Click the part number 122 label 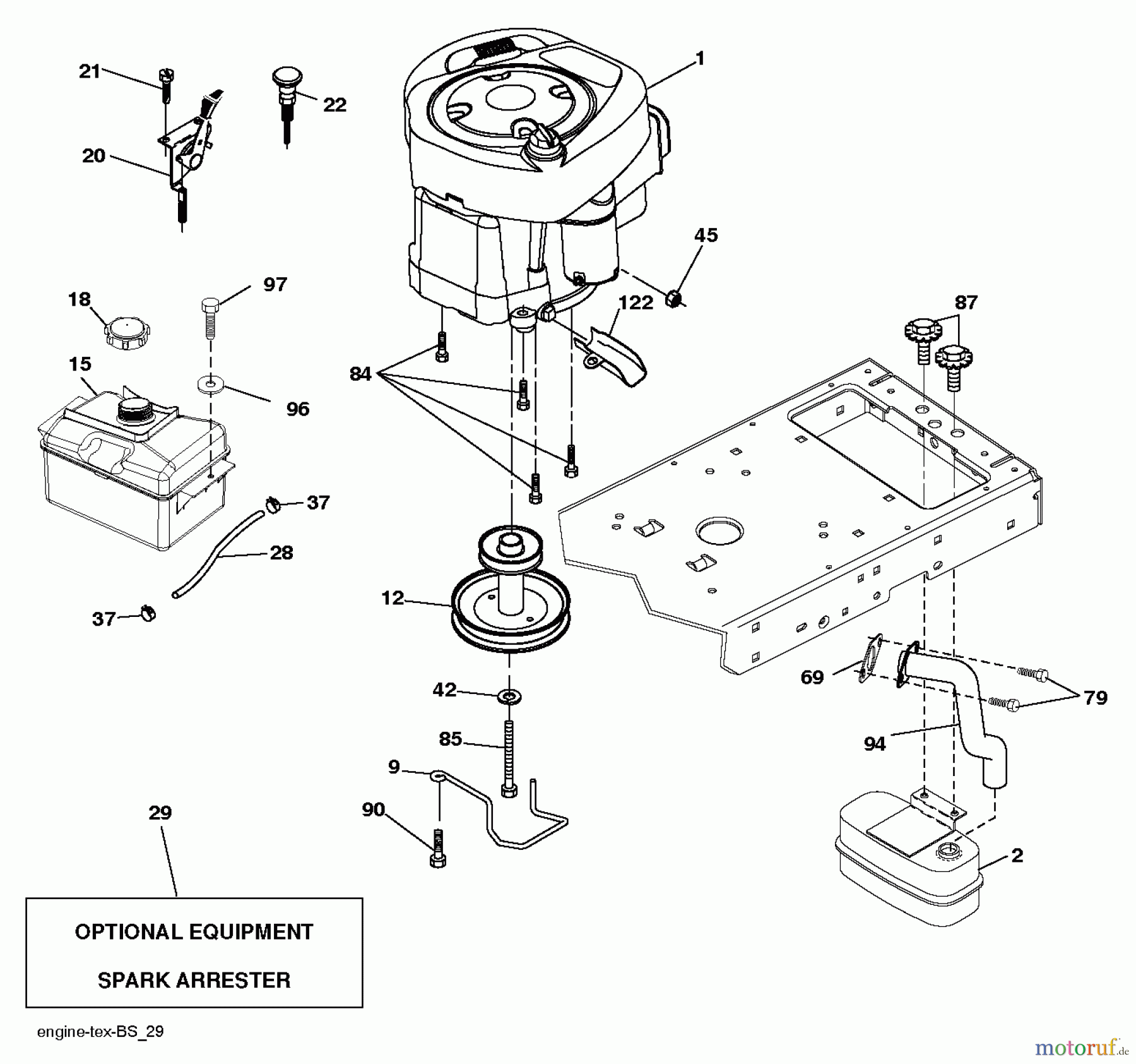[x=635, y=302]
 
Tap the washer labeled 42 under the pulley [x=509, y=696]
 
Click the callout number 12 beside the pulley [x=392, y=597]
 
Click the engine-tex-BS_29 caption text [x=100, y=1032]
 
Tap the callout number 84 [x=360, y=374]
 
